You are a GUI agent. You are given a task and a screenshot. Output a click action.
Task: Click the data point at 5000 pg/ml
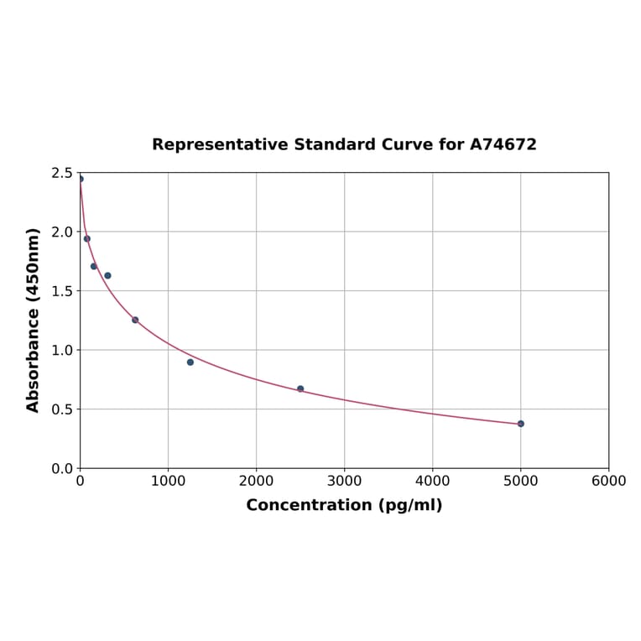pos(520,424)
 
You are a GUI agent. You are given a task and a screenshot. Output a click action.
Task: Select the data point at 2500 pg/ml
pos(300,388)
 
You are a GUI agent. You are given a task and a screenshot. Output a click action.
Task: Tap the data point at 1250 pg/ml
pos(190,362)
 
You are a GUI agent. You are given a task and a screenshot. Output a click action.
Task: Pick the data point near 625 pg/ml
pos(135,320)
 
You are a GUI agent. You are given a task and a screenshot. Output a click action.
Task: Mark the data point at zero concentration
pos(81,179)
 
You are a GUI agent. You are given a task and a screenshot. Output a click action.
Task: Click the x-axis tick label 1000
pos(168,481)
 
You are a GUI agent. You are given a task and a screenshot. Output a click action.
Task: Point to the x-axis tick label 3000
pos(344,481)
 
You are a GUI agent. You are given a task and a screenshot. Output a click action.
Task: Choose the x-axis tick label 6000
pos(608,481)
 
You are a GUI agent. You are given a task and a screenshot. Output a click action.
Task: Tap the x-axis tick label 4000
pos(432,481)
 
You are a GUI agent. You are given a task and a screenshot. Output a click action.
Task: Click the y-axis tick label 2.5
pos(62,173)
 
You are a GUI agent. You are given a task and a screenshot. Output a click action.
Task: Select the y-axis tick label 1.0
pos(62,350)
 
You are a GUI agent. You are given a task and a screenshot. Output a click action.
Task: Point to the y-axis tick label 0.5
pos(62,409)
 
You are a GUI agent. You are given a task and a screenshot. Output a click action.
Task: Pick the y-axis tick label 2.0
pos(62,232)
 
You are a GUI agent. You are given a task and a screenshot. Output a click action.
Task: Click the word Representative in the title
pos(221,145)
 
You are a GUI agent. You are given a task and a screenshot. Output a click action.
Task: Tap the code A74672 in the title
pos(503,145)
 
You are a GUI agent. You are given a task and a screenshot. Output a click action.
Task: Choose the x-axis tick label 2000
pos(256,481)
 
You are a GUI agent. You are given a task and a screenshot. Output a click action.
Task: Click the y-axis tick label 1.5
pos(62,291)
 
